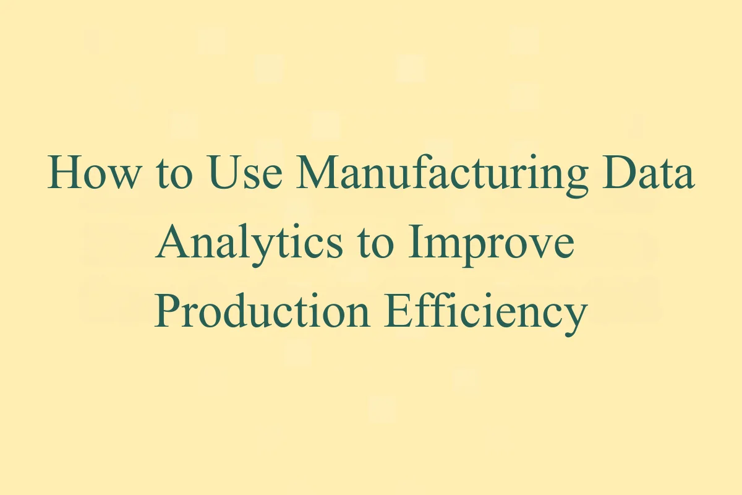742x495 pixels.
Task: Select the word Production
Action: click(x=262, y=312)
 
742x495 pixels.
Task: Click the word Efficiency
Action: click(x=485, y=312)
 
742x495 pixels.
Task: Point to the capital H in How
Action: click(x=64, y=173)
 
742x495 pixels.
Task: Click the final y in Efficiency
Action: click(x=574, y=317)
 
